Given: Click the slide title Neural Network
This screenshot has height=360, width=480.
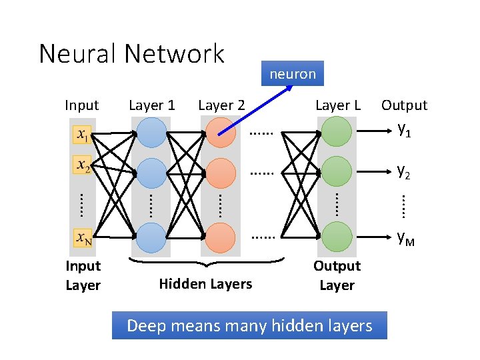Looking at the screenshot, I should click(131, 53).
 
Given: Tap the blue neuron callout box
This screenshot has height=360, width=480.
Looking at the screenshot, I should click(292, 73).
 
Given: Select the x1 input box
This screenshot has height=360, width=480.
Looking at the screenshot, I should click(83, 135).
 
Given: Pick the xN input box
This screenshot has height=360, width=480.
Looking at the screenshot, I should click(83, 237).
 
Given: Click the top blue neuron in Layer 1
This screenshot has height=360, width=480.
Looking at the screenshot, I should click(151, 133).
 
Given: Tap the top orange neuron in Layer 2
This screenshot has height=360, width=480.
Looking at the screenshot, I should click(220, 132).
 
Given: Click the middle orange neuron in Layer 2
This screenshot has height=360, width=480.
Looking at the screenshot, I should click(220, 173).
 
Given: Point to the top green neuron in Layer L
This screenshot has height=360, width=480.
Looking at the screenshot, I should click(337, 131).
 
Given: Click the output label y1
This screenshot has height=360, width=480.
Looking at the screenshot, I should click(404, 130).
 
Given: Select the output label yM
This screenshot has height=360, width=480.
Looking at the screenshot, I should click(405, 237).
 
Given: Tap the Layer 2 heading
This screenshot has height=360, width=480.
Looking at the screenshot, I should click(221, 105).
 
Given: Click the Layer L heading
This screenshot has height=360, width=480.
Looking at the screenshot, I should click(337, 105).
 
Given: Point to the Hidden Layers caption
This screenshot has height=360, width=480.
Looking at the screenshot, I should click(205, 284).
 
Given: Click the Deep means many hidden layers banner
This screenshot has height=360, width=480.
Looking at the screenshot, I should click(249, 326).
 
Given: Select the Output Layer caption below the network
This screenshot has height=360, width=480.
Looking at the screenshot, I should click(337, 275).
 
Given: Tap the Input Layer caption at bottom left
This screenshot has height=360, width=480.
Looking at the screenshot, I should click(83, 275).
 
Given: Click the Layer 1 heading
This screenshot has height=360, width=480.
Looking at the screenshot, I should click(151, 105).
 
